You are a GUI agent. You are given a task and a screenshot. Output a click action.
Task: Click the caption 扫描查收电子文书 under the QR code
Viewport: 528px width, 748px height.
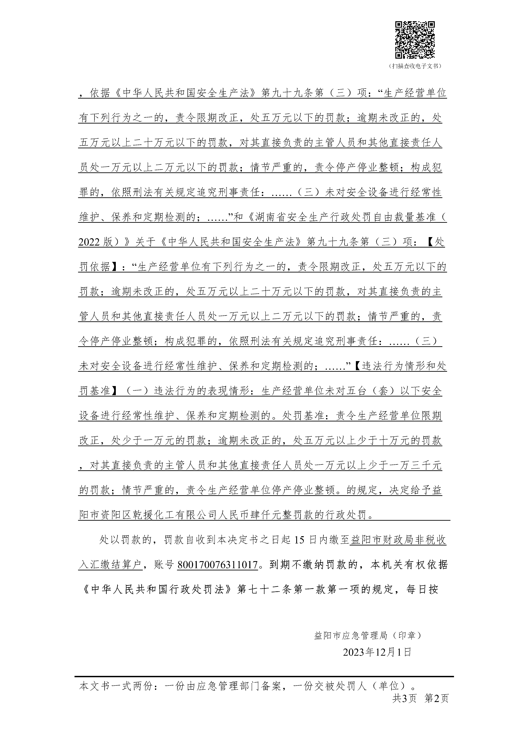coord(415,66)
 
